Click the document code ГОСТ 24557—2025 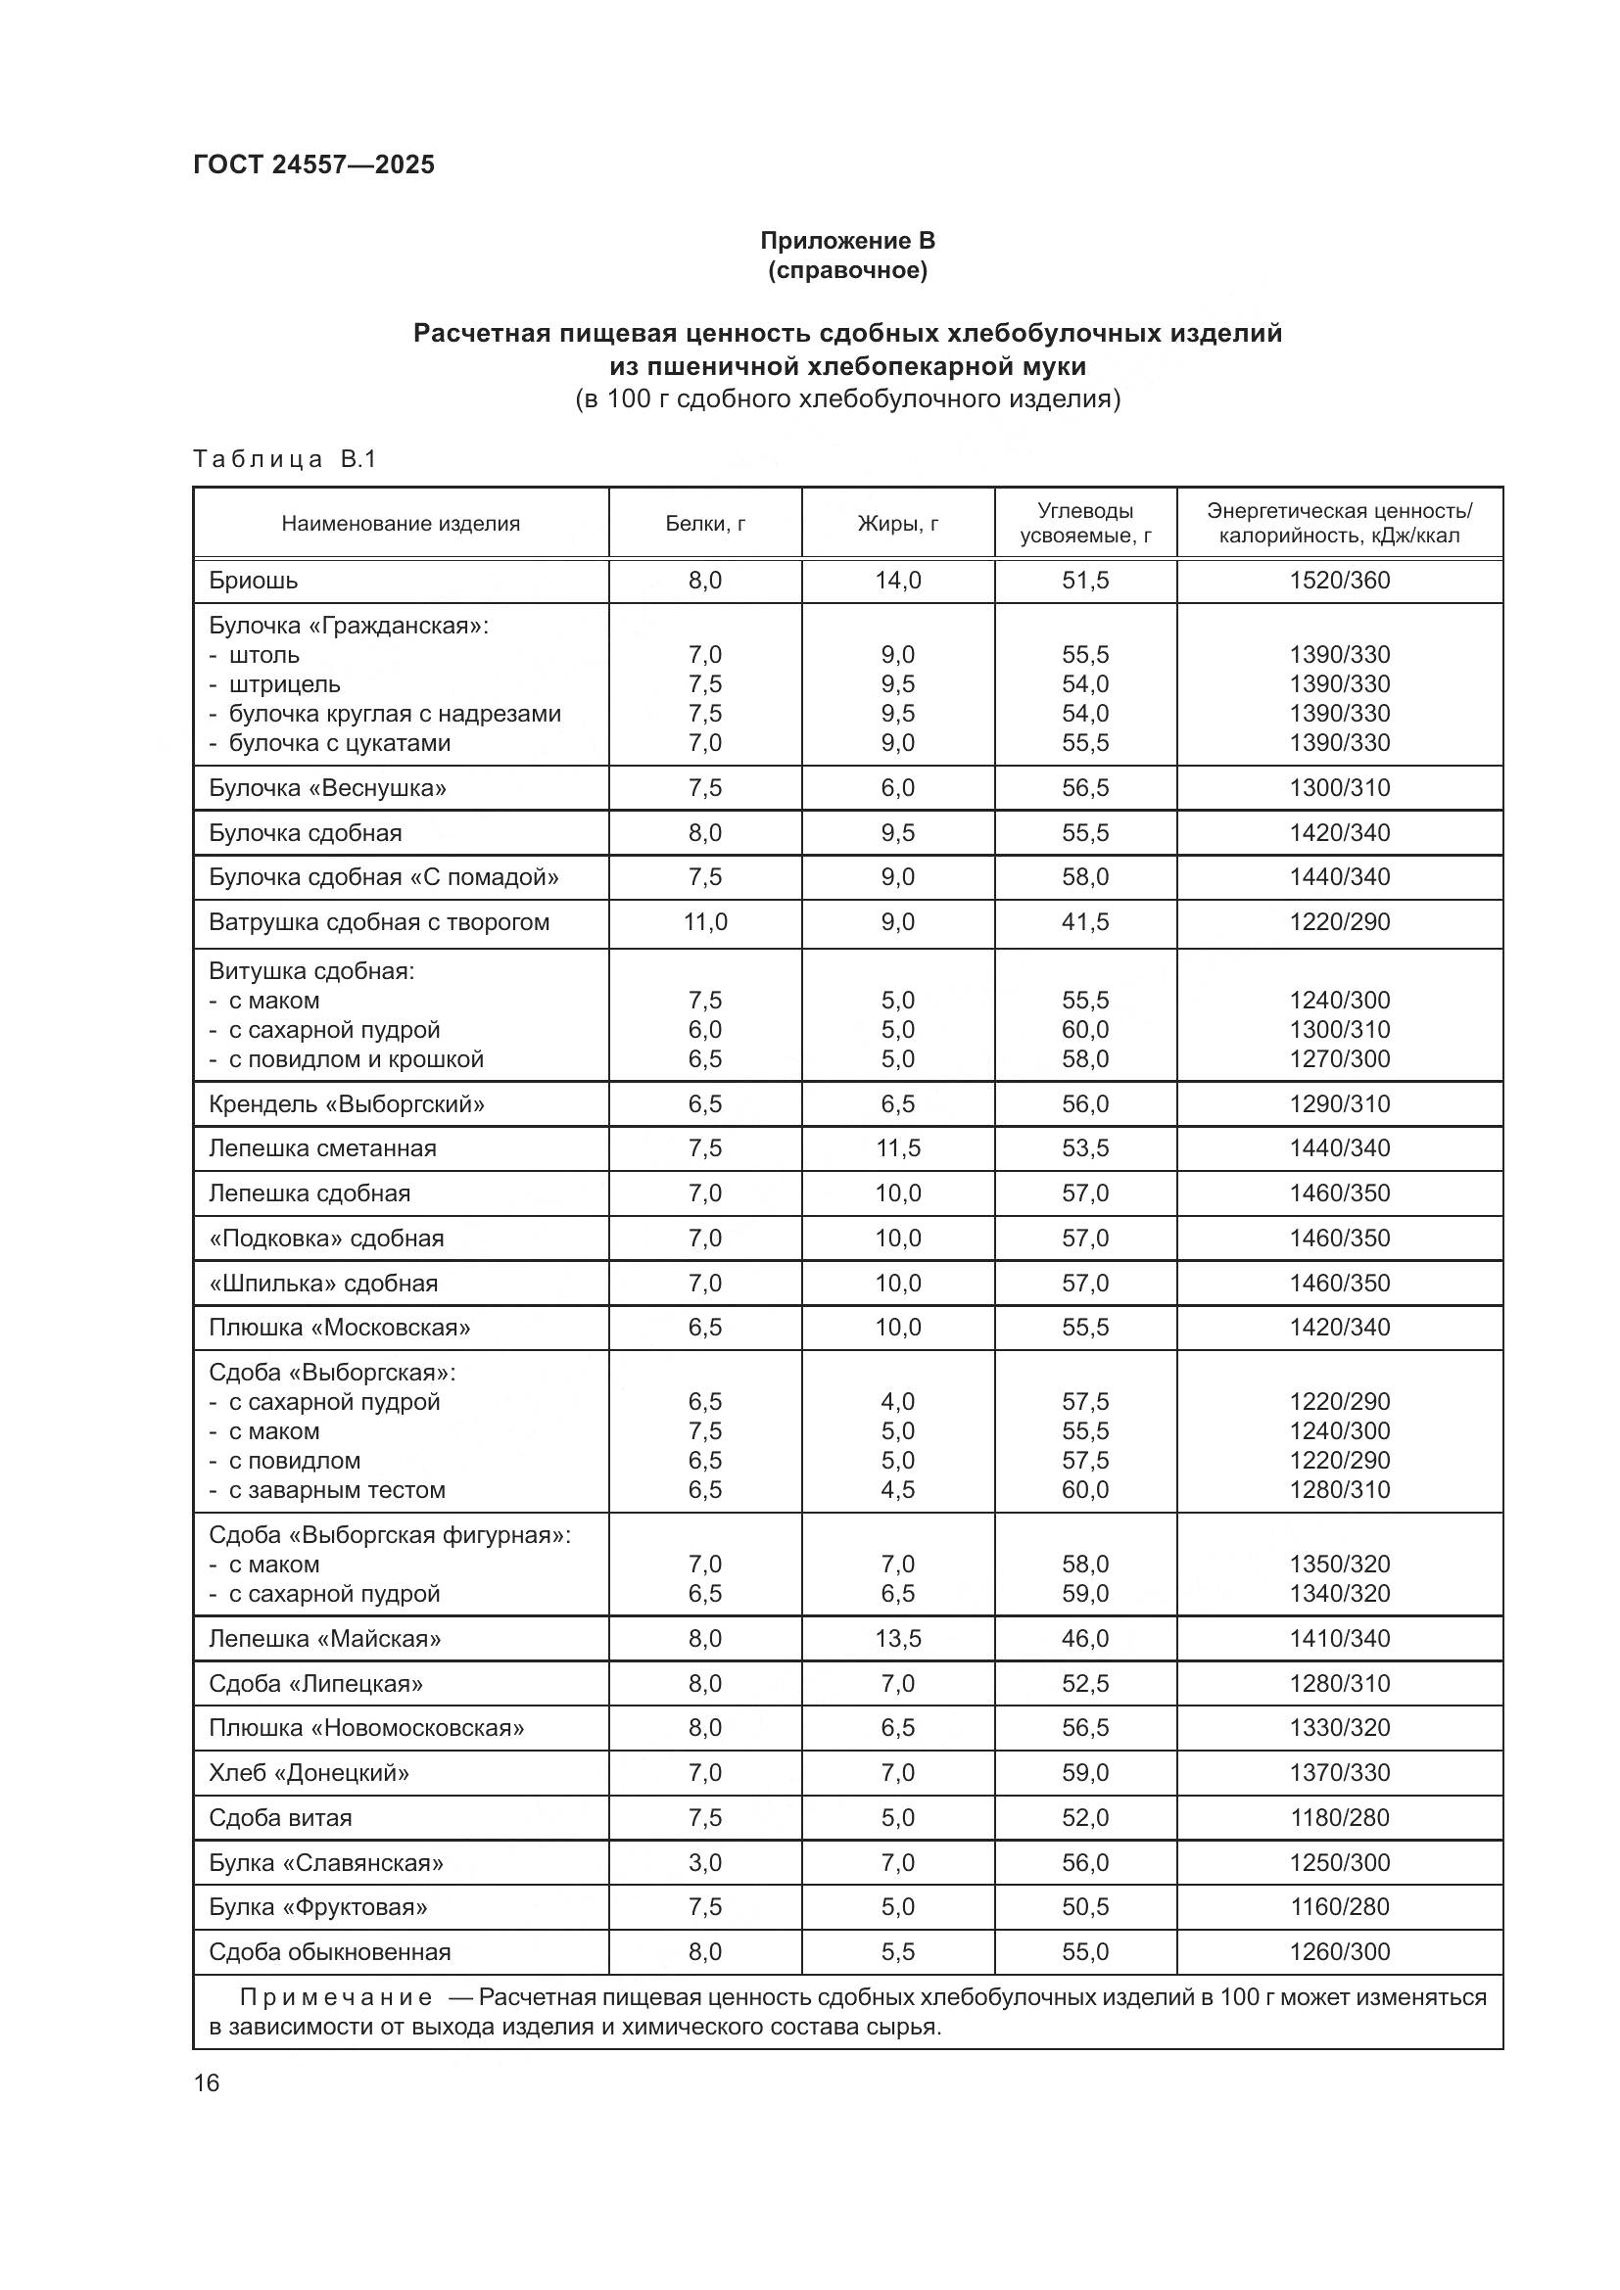pyautogui.click(x=313, y=164)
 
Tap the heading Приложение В pyautogui.click(x=847, y=241)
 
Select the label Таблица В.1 pyautogui.click(x=284, y=460)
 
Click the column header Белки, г pyautogui.click(x=704, y=524)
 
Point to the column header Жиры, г pyautogui.click(x=897, y=524)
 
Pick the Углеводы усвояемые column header pyautogui.click(x=1084, y=524)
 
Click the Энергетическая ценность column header pyautogui.click(x=1339, y=524)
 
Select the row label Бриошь pyautogui.click(x=254, y=581)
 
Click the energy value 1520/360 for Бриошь pyautogui.click(x=1339, y=581)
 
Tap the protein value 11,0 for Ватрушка pyautogui.click(x=704, y=921)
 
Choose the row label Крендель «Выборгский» pyautogui.click(x=346, y=1104)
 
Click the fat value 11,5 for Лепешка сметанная pyautogui.click(x=897, y=1148)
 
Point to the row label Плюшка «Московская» pyautogui.click(x=339, y=1328)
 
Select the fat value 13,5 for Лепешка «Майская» pyautogui.click(x=897, y=1639)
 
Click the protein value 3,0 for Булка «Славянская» pyautogui.click(x=704, y=1862)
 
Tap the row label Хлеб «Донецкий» pyautogui.click(x=309, y=1772)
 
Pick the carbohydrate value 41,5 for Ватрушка pyautogui.click(x=1084, y=921)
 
